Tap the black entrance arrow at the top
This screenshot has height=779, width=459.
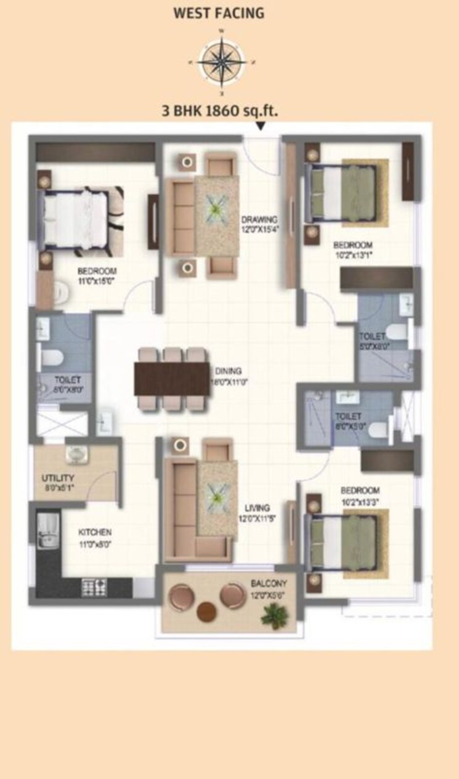261,127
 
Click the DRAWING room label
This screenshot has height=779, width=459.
259,219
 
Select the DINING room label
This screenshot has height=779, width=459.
228,371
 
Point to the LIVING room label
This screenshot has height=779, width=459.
256,507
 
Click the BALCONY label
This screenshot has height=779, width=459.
269,583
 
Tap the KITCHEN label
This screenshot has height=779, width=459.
94,531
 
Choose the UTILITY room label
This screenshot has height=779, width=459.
58,478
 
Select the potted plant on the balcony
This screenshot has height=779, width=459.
272,614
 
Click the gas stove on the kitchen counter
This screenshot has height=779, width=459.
94,587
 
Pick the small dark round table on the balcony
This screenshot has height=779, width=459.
206,612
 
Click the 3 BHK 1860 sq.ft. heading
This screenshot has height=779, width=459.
219,111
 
